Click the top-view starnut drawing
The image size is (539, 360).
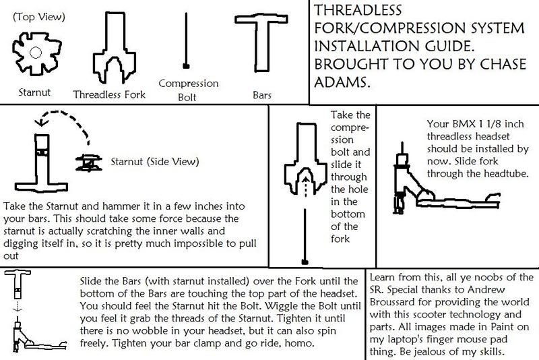tap(37, 53)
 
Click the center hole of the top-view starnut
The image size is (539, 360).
tap(36, 53)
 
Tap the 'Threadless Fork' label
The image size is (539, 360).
tap(109, 94)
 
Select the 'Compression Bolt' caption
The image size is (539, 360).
tap(189, 90)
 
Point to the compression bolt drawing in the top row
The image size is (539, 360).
tap(186, 40)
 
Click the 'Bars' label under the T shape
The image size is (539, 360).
tap(262, 95)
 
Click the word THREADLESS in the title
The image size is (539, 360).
tap(358, 10)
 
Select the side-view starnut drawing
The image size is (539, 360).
tap(89, 162)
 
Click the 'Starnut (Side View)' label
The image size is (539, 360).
tap(155, 162)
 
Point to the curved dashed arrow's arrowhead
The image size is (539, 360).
tap(41, 122)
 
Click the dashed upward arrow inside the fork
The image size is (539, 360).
tap(305, 186)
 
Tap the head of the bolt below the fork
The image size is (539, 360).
tap(305, 262)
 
